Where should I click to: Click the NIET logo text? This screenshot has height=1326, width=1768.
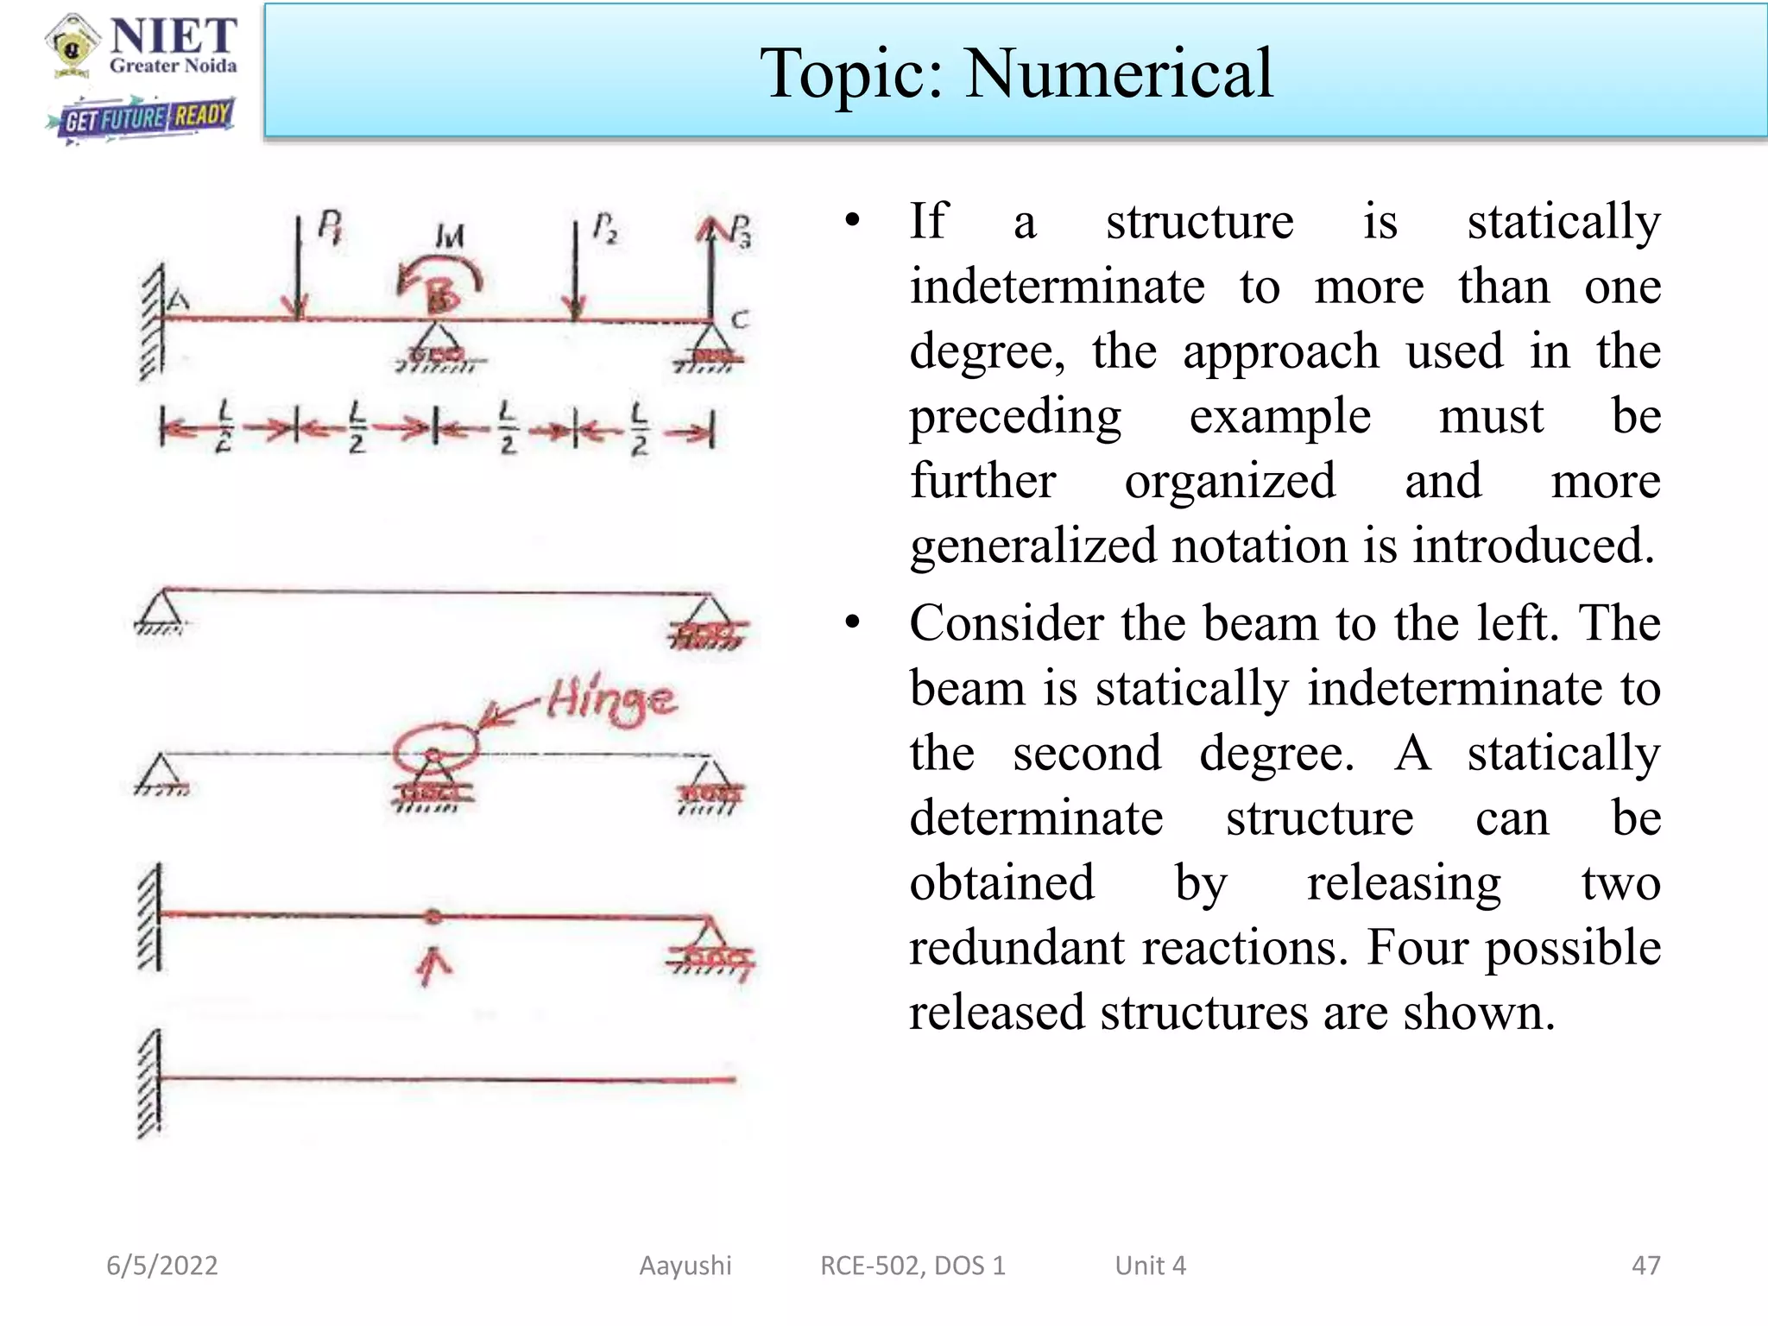tap(174, 37)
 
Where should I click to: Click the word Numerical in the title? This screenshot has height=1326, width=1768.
tap(1118, 73)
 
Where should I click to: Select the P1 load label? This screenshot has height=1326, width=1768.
tap(330, 226)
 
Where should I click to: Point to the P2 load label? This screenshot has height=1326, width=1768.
tap(604, 228)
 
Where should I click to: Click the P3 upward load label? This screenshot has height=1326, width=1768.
tap(740, 230)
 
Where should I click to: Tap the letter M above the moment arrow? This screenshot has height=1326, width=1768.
tap(449, 236)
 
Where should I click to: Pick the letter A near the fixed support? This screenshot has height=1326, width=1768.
tap(178, 300)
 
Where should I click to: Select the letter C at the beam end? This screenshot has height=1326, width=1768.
tap(739, 319)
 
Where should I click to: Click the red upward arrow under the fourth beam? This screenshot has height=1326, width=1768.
tap(433, 965)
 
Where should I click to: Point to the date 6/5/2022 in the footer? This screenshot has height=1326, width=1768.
tap(162, 1266)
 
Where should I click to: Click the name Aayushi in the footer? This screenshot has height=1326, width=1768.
tap(685, 1266)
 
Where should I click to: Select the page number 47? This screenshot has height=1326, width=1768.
tap(1645, 1266)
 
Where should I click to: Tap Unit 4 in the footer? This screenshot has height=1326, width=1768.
tap(1150, 1266)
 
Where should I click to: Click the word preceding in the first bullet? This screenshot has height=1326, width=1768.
tap(1015, 417)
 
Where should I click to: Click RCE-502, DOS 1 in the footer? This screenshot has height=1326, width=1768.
tap(912, 1266)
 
